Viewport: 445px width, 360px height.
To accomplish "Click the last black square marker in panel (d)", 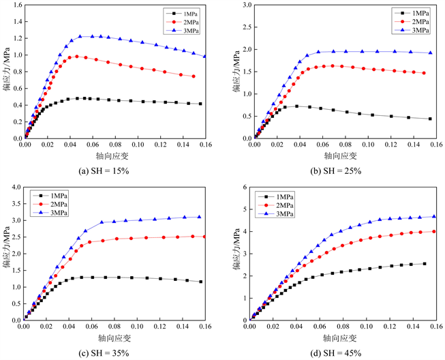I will (425, 264).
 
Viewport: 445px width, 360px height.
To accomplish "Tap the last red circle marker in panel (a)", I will (194, 76).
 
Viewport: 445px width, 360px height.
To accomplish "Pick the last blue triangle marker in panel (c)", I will (200, 217).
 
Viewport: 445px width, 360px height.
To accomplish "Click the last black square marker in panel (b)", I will (430, 119).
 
